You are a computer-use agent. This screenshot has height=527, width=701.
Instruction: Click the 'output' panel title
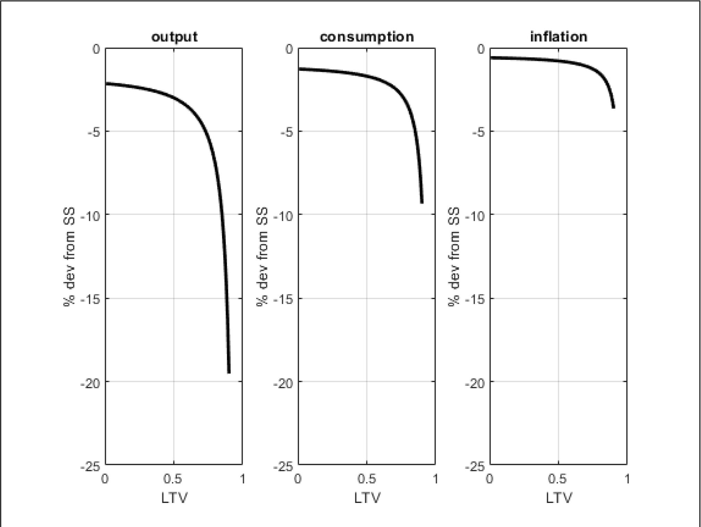point(174,37)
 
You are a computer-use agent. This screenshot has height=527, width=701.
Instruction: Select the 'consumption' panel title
point(367,37)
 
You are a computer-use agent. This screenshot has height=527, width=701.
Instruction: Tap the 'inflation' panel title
point(558,37)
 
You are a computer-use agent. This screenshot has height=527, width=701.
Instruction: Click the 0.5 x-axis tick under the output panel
point(173,479)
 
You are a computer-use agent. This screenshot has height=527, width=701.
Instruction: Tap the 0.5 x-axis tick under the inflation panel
point(557,479)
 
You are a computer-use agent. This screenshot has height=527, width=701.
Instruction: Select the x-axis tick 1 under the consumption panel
point(435,479)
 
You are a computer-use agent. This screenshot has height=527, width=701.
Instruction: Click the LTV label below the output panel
point(174,498)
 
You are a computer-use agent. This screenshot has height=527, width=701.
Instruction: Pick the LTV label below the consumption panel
point(367,498)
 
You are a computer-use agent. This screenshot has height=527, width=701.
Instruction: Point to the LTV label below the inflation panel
point(559,498)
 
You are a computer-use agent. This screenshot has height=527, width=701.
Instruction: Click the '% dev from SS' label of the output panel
point(69,257)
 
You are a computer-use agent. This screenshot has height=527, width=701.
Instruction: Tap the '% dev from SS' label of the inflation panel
point(454,257)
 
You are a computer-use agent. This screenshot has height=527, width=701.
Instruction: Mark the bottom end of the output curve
point(229,372)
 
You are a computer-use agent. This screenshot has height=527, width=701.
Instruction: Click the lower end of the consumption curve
point(422,202)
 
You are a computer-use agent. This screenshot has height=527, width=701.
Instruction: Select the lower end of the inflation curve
point(614,107)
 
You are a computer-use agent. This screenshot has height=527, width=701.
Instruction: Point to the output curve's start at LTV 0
point(106,84)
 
